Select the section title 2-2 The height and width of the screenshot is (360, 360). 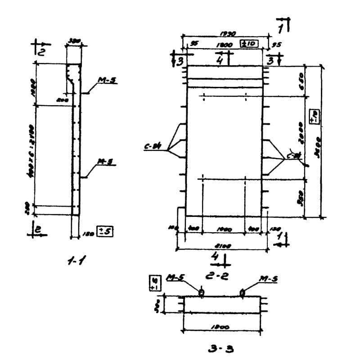[217, 275]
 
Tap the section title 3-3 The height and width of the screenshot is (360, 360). [220, 347]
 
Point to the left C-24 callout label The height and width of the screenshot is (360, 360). [152, 146]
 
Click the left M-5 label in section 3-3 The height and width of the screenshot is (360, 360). [174, 279]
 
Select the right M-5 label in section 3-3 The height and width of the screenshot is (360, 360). [268, 279]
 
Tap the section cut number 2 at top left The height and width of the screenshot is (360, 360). [40, 51]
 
